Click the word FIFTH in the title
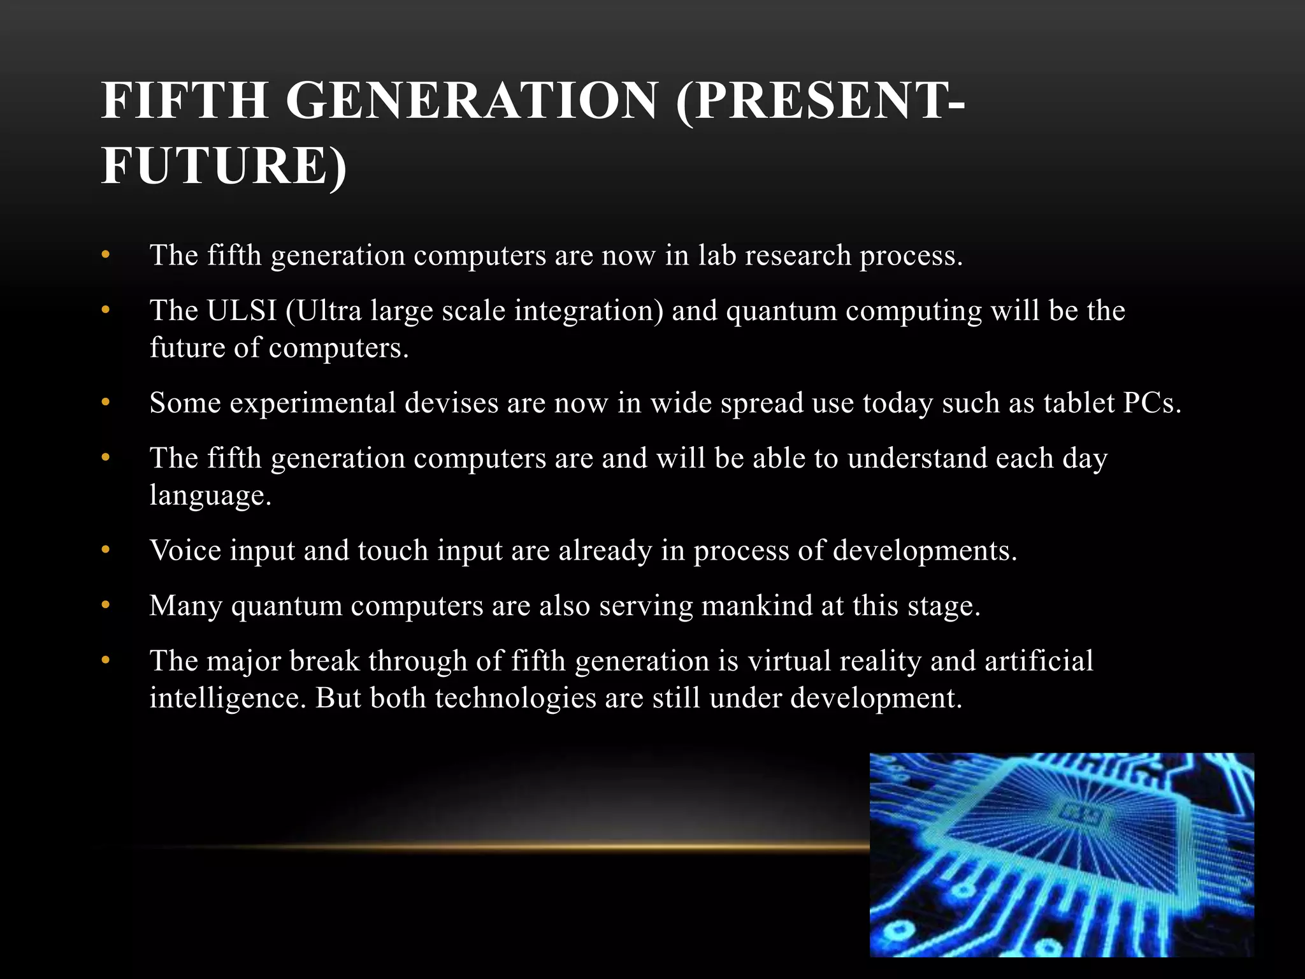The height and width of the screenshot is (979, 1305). tap(184, 101)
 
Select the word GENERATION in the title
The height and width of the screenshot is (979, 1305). tap(472, 101)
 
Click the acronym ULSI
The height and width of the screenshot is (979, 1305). tap(242, 311)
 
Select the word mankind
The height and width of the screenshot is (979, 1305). tap(756, 606)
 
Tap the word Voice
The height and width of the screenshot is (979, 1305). tap(185, 551)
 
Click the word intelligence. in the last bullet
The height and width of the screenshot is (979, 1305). tap(228, 698)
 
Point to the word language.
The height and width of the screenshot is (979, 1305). tap(210, 495)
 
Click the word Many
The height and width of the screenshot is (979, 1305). tap(185, 606)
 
